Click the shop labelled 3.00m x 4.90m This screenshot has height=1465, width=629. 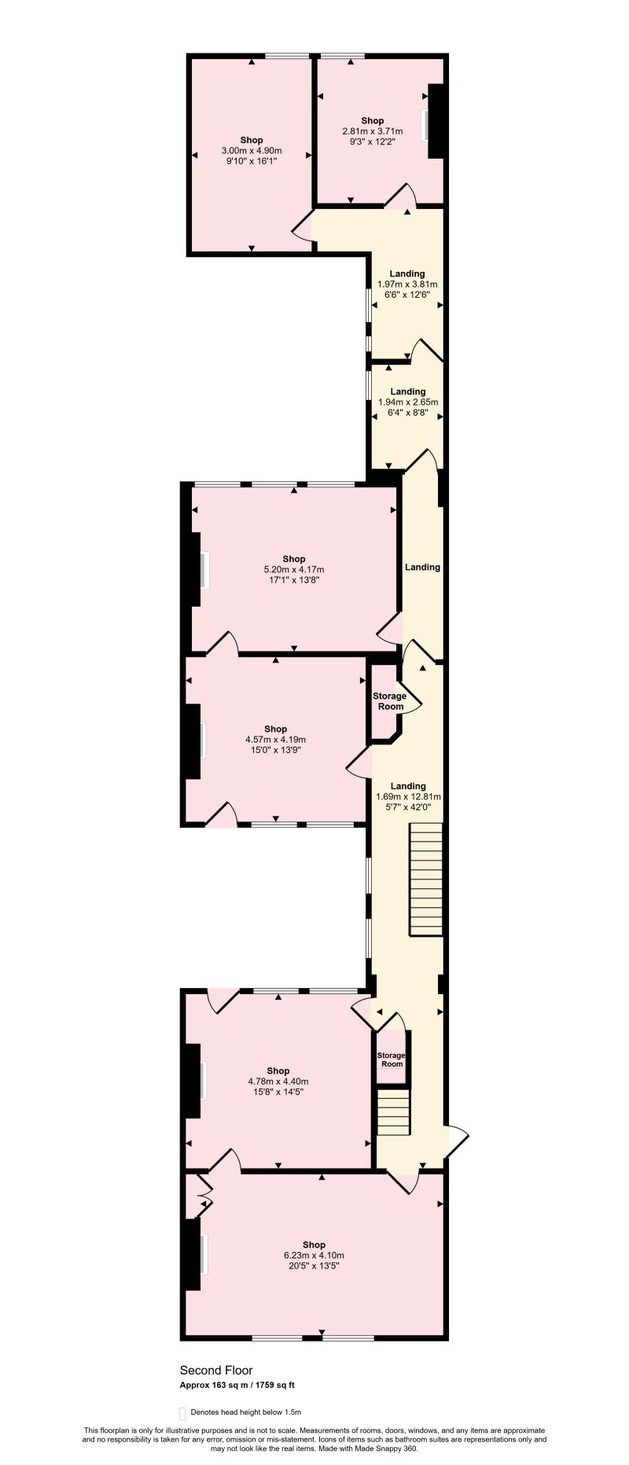(x=252, y=150)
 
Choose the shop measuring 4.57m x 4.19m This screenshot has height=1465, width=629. (x=275, y=740)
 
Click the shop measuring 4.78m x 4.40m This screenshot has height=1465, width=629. (x=278, y=1081)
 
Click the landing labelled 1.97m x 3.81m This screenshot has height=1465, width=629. (x=407, y=285)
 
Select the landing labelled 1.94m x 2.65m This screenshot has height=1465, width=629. (x=407, y=402)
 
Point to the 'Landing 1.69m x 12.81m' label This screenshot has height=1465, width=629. (x=407, y=795)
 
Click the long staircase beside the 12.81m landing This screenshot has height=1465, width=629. (x=425, y=879)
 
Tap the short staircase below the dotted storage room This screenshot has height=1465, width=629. (x=394, y=1111)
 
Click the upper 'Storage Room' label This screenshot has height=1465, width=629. (x=390, y=701)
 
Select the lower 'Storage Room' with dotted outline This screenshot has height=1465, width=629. (x=392, y=1059)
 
